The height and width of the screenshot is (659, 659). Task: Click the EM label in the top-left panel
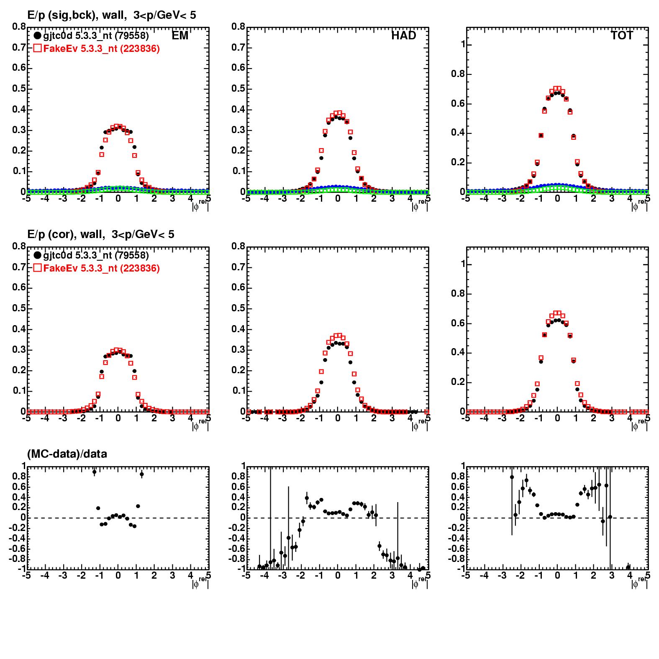[180, 36]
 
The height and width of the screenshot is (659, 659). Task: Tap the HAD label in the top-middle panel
[404, 36]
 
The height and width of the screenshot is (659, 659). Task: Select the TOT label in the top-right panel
[622, 36]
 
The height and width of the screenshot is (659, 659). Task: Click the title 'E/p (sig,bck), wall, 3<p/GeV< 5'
[112, 15]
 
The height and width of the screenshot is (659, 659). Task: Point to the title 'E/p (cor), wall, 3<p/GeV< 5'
[101, 235]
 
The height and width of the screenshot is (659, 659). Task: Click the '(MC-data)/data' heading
[67, 454]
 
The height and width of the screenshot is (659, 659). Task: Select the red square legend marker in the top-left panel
[37, 49]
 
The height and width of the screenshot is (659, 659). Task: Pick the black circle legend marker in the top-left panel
[37, 36]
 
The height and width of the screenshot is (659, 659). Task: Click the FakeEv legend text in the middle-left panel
[102, 268]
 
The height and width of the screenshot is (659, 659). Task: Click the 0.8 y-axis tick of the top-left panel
[19, 27]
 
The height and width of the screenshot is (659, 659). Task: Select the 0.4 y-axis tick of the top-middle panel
[238, 110]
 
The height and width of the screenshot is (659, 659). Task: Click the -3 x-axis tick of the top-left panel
[63, 199]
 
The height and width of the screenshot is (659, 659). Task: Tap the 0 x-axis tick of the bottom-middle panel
[338, 576]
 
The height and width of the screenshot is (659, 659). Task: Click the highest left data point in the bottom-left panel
[95, 472]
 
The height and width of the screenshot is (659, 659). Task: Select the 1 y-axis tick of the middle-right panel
[462, 264]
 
